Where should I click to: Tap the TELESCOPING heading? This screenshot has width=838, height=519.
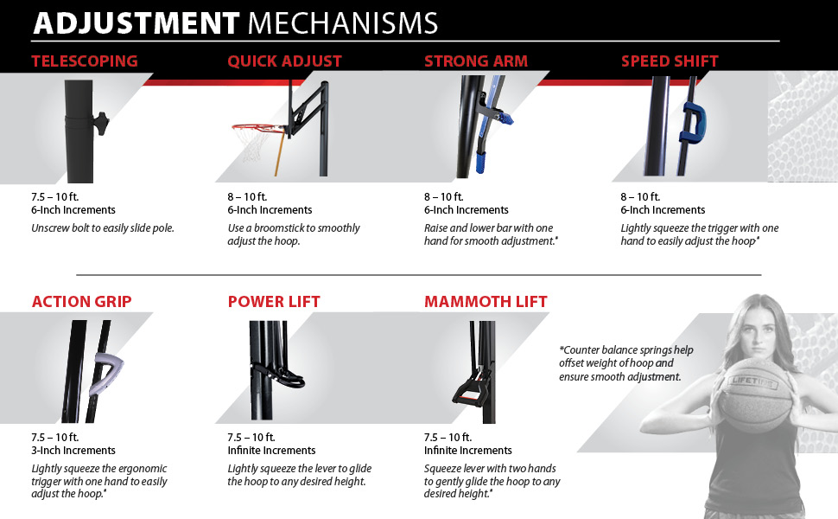pos(85,61)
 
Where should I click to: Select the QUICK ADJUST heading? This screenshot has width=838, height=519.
pos(284,61)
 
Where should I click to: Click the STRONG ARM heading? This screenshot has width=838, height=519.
pos(476,61)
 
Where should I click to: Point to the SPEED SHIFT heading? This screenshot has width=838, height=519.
pos(670,61)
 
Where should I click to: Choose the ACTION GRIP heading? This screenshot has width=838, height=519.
pos(82,301)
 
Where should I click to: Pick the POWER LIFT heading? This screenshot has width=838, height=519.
pos(274,301)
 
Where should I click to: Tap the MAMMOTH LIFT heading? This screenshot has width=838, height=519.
pos(486,301)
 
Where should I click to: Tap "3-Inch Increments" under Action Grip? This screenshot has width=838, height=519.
pos(73,451)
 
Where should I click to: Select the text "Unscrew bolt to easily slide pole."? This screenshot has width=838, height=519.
pos(103,228)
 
